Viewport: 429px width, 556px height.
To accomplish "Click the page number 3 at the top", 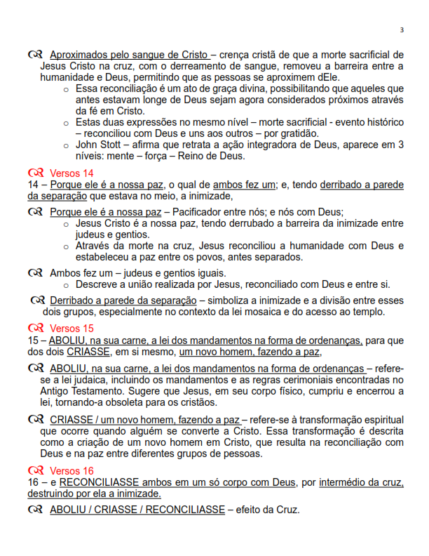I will (402, 30).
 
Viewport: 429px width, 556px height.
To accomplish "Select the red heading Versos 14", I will (71, 173).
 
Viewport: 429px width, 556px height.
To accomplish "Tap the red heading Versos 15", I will (71, 328).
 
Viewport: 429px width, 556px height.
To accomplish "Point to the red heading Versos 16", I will (71, 470).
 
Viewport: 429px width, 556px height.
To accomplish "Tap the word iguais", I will (205, 273).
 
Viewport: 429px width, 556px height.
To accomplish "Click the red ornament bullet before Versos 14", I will (36, 173).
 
